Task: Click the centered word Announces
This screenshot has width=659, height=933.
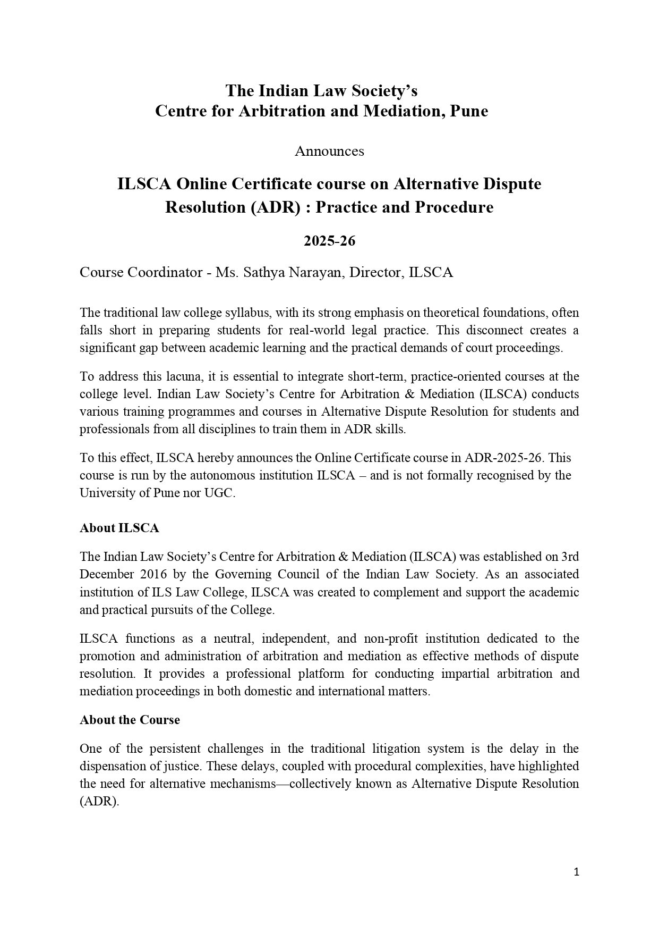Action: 329,152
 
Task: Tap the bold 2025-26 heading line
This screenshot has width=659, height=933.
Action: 329,241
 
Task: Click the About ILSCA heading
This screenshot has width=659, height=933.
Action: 119,528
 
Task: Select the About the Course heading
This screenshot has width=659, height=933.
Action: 130,720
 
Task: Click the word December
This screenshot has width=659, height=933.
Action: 106,575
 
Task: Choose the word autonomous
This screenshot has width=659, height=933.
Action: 225,475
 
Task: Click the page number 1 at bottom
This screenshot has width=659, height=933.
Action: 576,872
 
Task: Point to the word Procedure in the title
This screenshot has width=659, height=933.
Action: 454,207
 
